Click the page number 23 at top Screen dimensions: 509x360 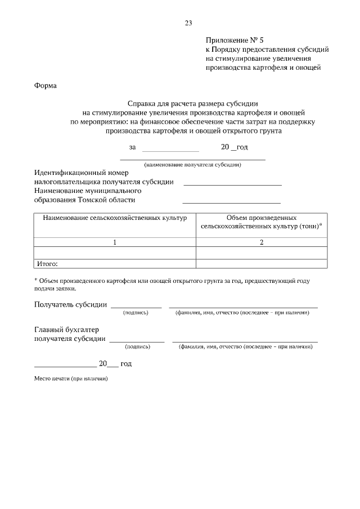(x=188, y=23)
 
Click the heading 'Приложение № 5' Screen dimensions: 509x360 (x=235, y=40)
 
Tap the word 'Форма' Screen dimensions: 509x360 (x=46, y=85)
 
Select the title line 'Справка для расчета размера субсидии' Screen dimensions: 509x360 (x=192, y=103)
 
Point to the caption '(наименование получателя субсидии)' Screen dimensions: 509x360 (x=192, y=165)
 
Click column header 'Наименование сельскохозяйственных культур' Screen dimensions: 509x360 (x=115, y=218)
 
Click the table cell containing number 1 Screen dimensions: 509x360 (x=115, y=242)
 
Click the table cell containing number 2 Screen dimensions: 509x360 (x=261, y=242)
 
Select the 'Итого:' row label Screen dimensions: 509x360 (x=48, y=263)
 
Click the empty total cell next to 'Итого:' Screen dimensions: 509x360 (x=261, y=263)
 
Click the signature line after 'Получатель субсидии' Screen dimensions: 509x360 (x=136, y=307)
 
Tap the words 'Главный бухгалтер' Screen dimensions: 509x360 (x=62, y=330)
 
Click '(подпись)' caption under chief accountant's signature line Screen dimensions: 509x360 (x=137, y=347)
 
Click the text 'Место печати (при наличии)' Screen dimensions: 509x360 (x=71, y=379)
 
